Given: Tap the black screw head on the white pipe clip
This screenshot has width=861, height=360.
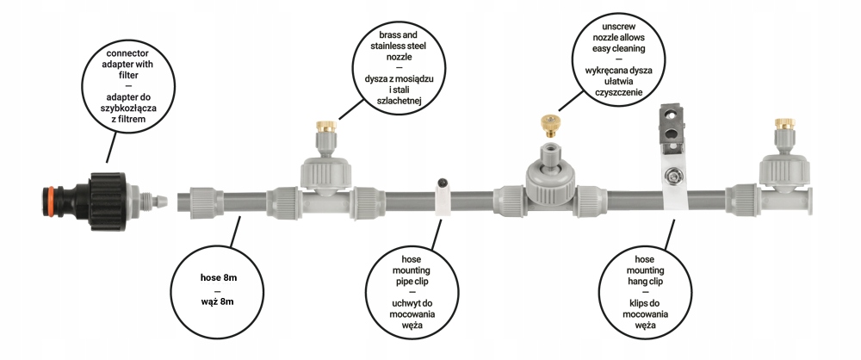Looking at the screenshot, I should (x=441, y=183).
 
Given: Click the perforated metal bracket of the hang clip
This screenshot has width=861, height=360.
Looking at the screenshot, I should (x=672, y=125).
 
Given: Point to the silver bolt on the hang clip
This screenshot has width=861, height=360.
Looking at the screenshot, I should (x=670, y=179).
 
